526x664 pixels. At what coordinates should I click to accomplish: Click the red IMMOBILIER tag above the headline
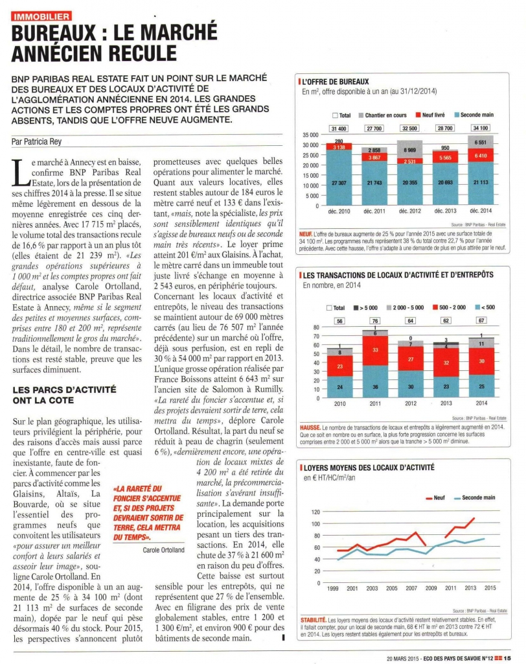point(41,16)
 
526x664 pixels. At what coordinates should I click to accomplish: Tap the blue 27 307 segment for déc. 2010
point(338,184)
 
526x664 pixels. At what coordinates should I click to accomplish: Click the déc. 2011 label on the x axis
point(374,211)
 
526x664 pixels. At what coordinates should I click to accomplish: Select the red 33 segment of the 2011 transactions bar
point(374,351)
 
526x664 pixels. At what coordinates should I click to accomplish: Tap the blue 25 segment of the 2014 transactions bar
point(481,386)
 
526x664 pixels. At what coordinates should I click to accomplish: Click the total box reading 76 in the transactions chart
point(374,321)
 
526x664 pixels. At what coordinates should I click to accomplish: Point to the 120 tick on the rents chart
point(316,512)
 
